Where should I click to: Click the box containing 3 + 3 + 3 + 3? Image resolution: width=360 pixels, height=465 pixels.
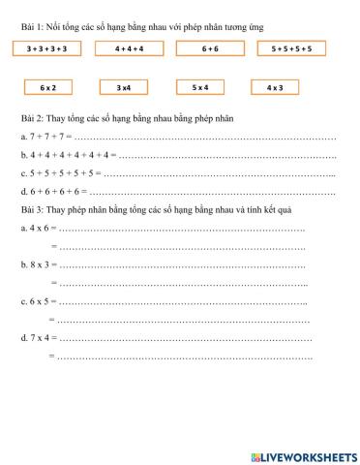coord(46,47)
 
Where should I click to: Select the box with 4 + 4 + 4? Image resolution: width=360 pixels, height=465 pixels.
coord(128,47)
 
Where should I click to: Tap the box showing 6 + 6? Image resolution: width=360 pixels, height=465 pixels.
coord(209,47)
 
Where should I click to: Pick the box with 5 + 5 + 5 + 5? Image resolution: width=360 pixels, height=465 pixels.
coord(291,47)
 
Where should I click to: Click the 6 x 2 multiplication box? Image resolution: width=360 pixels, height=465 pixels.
coord(48,87)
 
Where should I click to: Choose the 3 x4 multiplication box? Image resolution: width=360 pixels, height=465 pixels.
coord(123,87)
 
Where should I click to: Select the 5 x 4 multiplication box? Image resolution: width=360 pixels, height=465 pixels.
coord(200,87)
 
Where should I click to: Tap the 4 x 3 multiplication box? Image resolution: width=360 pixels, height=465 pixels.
coord(275,87)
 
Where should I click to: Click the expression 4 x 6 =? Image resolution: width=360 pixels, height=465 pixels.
coord(39,229)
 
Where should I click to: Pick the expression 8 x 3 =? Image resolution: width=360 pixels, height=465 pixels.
coord(39,264)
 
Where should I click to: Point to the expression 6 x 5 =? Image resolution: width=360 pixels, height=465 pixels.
coord(39,301)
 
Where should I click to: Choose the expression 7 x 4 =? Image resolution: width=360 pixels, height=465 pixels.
coord(39,338)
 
